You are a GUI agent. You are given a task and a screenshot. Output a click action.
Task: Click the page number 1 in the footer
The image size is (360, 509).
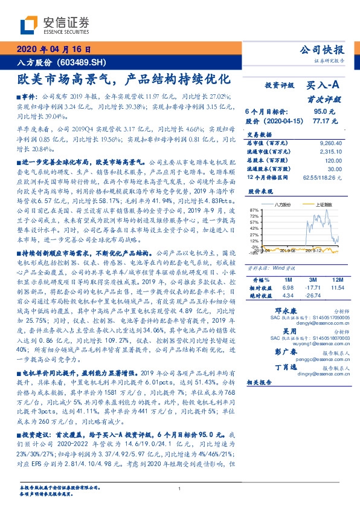tap(180, 488)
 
